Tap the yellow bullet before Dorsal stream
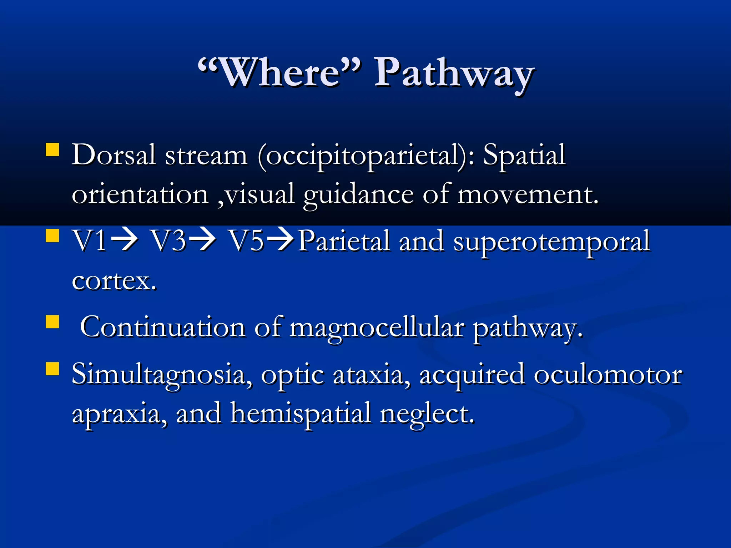(x=52, y=150)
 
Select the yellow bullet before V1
(x=52, y=235)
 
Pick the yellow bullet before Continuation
(x=52, y=321)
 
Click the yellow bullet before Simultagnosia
(x=52, y=369)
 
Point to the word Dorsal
(x=114, y=155)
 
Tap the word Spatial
(x=524, y=155)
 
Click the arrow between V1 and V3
(x=125, y=240)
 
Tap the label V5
(x=246, y=241)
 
